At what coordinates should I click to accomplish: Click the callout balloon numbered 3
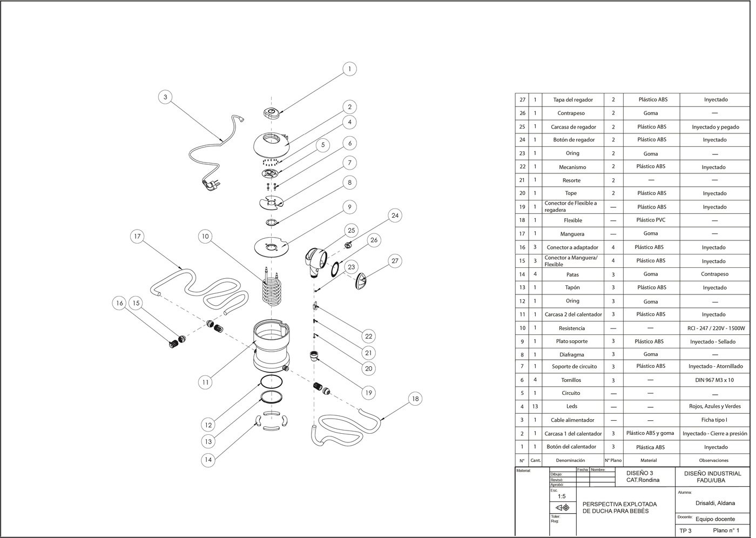click(165, 97)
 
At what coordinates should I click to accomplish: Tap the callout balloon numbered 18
click(415, 399)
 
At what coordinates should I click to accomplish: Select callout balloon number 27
click(395, 261)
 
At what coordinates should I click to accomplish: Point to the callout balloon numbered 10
click(205, 236)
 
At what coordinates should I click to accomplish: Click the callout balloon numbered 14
click(208, 460)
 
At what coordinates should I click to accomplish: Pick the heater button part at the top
click(272, 112)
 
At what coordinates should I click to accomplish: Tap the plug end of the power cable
click(207, 185)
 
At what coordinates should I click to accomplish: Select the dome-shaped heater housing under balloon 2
click(275, 142)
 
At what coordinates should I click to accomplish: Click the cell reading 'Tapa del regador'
click(573, 100)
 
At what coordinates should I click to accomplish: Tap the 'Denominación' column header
click(570, 460)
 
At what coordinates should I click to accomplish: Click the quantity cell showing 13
click(535, 406)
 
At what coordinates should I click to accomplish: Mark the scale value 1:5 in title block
click(562, 496)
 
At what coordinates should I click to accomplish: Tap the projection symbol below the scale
click(562, 508)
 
